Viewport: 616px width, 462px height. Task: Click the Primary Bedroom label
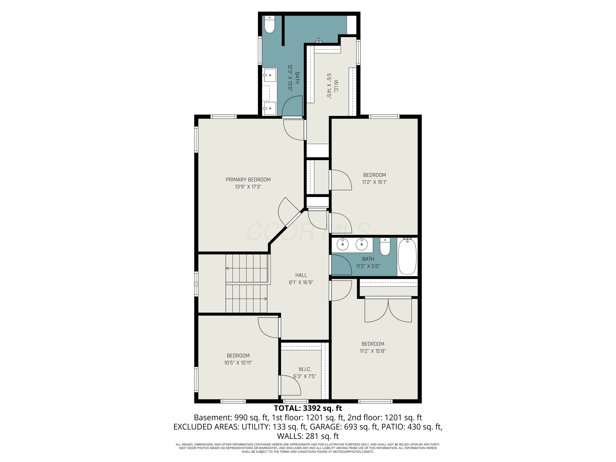pyautogui.click(x=248, y=180)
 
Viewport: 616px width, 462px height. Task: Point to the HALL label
pyautogui.click(x=301, y=275)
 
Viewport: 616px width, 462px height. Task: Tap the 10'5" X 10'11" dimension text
pyautogui.click(x=238, y=363)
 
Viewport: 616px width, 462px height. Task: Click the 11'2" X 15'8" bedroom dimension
pyautogui.click(x=373, y=351)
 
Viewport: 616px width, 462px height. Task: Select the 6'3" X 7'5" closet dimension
pyautogui.click(x=305, y=376)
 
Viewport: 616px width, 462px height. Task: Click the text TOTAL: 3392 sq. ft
pyautogui.click(x=308, y=408)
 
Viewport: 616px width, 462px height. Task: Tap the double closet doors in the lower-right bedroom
pyautogui.click(x=388, y=309)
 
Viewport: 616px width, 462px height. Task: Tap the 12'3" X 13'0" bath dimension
pyautogui.click(x=290, y=78)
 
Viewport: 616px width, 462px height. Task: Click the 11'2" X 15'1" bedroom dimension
pyautogui.click(x=375, y=182)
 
